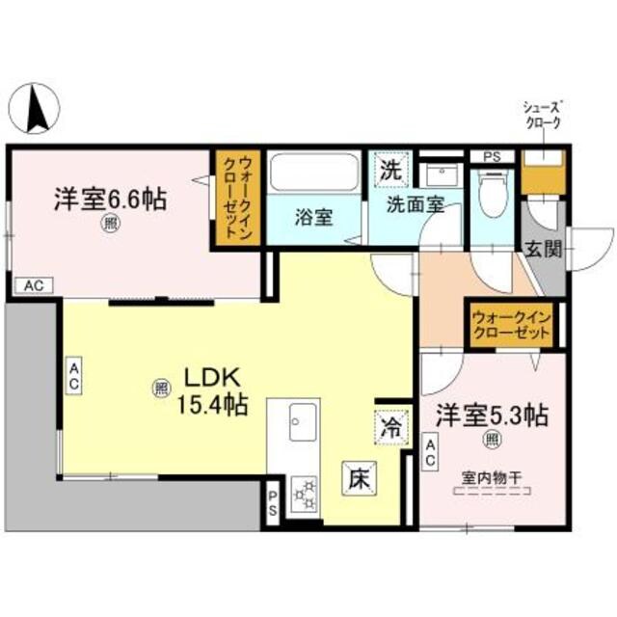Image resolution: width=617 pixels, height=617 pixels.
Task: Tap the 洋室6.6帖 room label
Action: [x=108, y=201]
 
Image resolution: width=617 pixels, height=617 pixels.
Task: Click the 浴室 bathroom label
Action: [x=314, y=217]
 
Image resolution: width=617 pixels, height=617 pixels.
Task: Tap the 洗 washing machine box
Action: [x=389, y=172]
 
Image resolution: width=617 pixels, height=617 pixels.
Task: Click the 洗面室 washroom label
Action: [x=416, y=204]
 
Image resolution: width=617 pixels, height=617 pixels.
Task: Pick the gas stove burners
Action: [x=305, y=494]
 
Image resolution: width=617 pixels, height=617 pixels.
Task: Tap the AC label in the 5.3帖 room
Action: [x=431, y=451]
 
